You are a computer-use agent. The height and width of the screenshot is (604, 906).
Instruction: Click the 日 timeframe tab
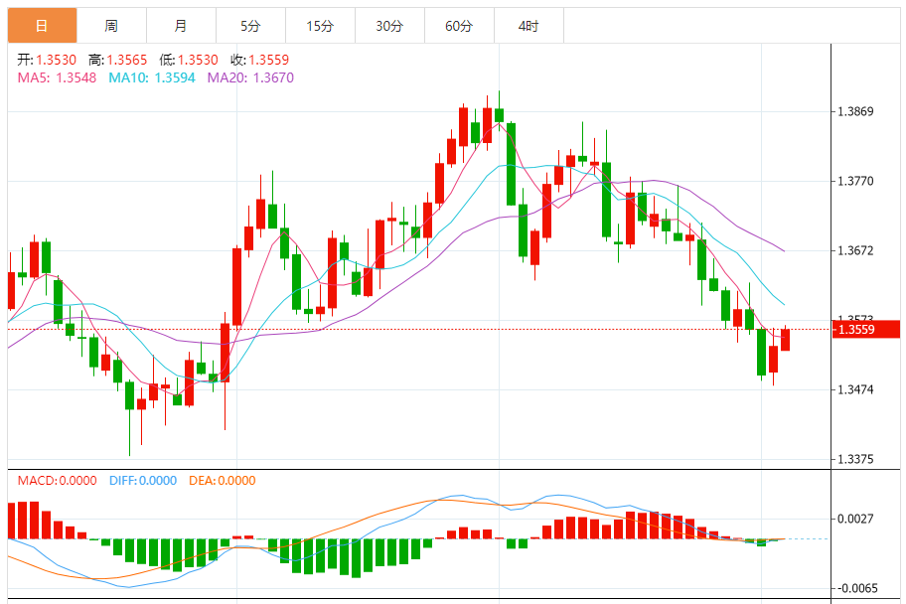pos(42,26)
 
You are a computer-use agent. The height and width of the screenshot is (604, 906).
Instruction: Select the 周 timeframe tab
pos(111,26)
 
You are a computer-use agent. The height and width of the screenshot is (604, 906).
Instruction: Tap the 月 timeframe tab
pos(180,26)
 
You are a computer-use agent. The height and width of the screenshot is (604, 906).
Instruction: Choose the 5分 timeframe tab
pos(250,26)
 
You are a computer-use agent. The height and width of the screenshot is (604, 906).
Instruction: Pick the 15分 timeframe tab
pos(320,26)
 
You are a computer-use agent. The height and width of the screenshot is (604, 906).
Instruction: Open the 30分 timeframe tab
pos(389,26)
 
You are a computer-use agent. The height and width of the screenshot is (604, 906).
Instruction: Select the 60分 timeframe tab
pos(459,26)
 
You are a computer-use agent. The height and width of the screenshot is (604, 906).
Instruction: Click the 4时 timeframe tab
pos(528,26)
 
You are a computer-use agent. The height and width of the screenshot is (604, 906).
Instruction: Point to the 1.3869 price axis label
pos(855,111)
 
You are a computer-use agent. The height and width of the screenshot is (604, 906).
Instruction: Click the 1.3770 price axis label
pos(855,181)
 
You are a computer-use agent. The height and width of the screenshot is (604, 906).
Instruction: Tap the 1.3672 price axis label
pos(855,250)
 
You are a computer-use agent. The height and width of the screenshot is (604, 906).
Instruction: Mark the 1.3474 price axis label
pos(855,389)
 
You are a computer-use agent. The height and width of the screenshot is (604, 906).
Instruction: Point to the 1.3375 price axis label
pos(855,459)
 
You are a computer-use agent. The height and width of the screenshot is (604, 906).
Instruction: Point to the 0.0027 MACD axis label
pos(855,519)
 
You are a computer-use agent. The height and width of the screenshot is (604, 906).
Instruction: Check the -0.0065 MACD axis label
pos(855,588)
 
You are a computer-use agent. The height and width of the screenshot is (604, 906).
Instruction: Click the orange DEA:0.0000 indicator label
pos(220,481)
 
